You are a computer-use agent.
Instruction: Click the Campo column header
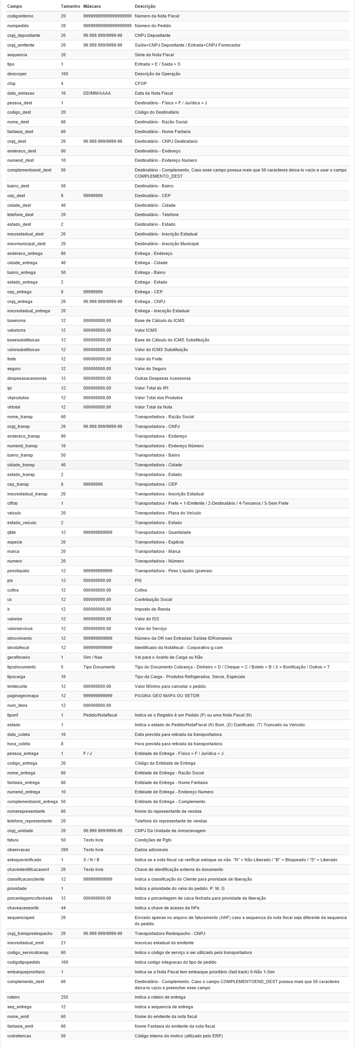tap(15, 7)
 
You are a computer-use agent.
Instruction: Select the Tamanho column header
tap(70, 7)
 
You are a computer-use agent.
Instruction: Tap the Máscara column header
tap(92, 7)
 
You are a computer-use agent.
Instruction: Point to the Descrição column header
tap(145, 7)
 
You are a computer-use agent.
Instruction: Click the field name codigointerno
tap(20, 16)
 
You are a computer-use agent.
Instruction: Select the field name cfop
tap(11, 83)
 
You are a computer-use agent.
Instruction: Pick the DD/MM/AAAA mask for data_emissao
tap(97, 93)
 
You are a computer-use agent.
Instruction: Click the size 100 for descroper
tap(64, 74)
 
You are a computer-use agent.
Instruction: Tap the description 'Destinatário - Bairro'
tap(154, 186)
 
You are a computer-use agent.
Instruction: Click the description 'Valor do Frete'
tap(148, 359)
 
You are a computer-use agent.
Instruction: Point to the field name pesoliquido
tap(18, 571)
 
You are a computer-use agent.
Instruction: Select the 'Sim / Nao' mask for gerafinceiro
tap(93, 657)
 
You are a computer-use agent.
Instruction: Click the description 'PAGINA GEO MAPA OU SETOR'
tap(167, 696)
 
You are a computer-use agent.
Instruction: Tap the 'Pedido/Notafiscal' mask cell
tap(100, 715)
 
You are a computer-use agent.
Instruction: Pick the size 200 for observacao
tap(64, 850)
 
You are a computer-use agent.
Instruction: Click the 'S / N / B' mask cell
tap(91, 860)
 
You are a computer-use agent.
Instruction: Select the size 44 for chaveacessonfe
tap(63, 908)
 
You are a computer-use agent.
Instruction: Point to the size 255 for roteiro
tap(64, 997)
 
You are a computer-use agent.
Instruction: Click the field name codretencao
tap(19, 1036)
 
